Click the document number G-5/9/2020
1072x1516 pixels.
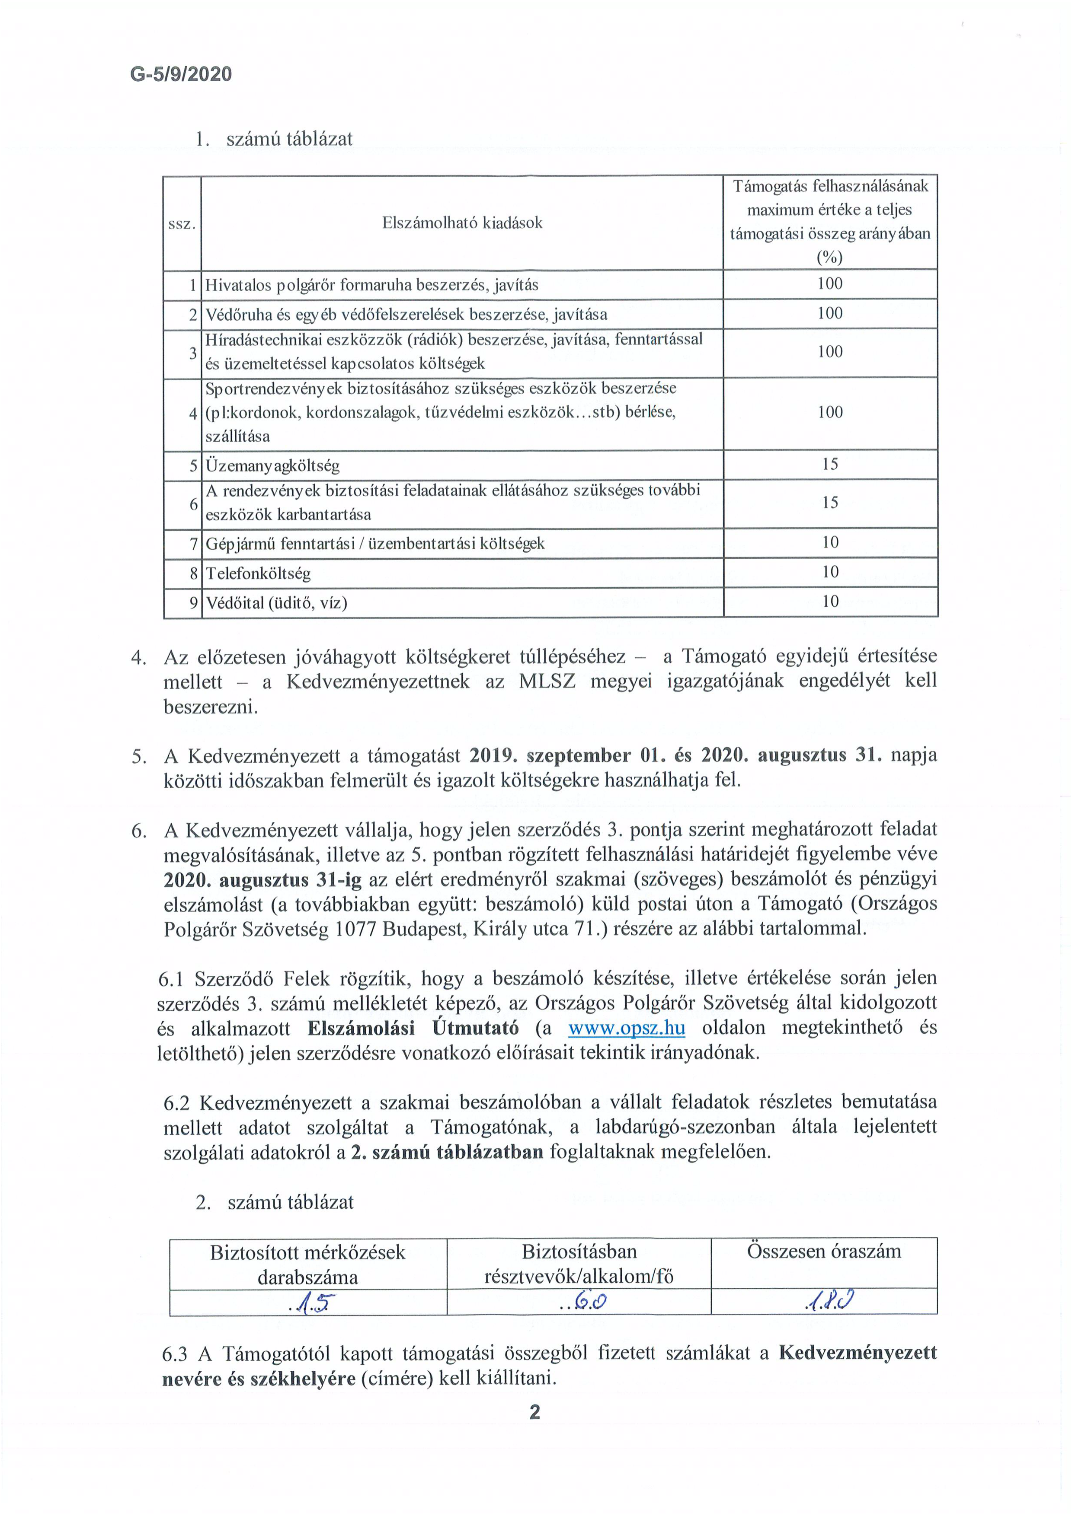181,74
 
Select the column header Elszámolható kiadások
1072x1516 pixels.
462,223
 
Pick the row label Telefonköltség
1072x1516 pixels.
258,573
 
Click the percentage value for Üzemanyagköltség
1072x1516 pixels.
829,464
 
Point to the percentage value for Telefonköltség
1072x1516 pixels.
829,572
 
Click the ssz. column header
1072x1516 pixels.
182,224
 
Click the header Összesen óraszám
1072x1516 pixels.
824,1251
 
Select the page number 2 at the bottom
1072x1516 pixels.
535,1412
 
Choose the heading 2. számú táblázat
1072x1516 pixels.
275,1202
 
